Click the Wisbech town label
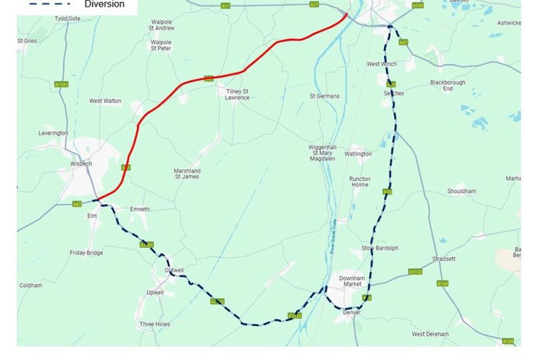point(81,163)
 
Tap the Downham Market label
point(352,281)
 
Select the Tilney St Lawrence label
point(237,94)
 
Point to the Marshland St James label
point(187,173)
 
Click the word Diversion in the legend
point(104,4)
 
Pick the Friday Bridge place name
point(86,253)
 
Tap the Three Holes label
point(154,324)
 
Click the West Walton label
point(105,101)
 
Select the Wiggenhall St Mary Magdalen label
point(321,153)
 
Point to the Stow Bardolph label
point(380,248)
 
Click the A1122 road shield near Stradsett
point(415,272)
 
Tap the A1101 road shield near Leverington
point(61,85)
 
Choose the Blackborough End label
point(448,85)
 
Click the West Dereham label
point(430,334)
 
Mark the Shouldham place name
point(461,191)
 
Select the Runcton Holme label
point(359,182)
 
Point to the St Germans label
point(325,96)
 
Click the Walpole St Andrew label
point(161,25)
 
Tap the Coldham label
point(31,285)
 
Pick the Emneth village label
point(139,209)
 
